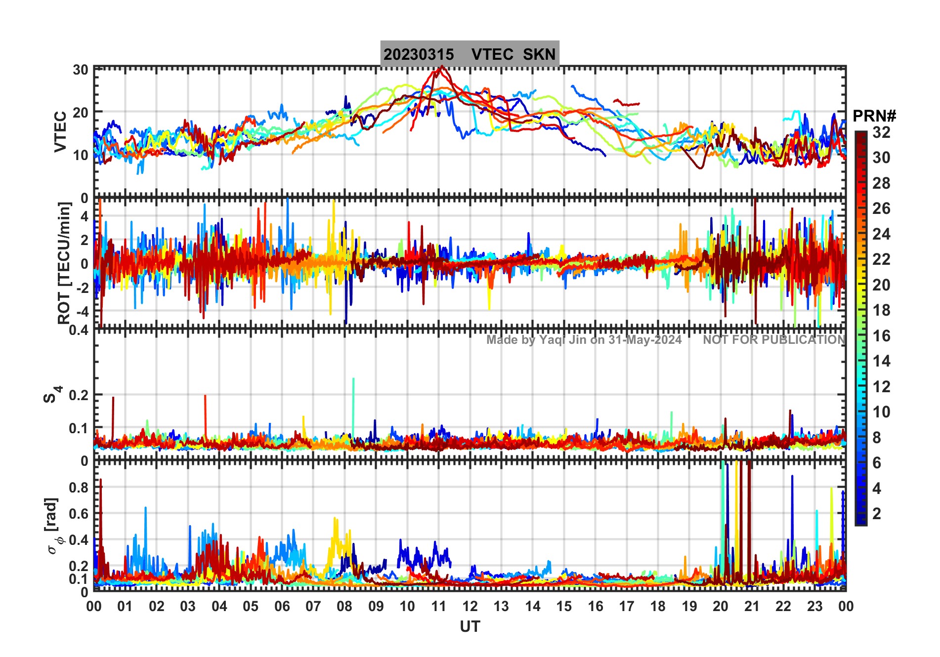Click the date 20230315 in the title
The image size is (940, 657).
pos(419,54)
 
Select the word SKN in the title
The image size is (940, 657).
pos(539,54)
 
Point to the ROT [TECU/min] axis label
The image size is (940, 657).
pos(64,263)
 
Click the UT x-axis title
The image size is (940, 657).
pos(470,626)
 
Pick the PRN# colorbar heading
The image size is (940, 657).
pos(874,116)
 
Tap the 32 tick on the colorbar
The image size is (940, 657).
pos(881,132)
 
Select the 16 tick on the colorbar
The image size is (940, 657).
pos(881,336)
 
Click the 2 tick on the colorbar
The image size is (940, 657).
pos(877,514)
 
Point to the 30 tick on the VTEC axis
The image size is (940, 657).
pos(81,70)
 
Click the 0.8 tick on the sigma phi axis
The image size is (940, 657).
pos(79,487)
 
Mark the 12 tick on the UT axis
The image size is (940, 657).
pos(470,606)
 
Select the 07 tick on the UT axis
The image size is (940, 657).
pos(313,606)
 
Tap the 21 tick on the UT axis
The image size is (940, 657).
pos(752,606)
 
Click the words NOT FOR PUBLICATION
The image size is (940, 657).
pos(774,340)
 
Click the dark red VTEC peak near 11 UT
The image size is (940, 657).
pos(441,67)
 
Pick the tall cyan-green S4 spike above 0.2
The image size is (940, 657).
pos(353,379)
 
